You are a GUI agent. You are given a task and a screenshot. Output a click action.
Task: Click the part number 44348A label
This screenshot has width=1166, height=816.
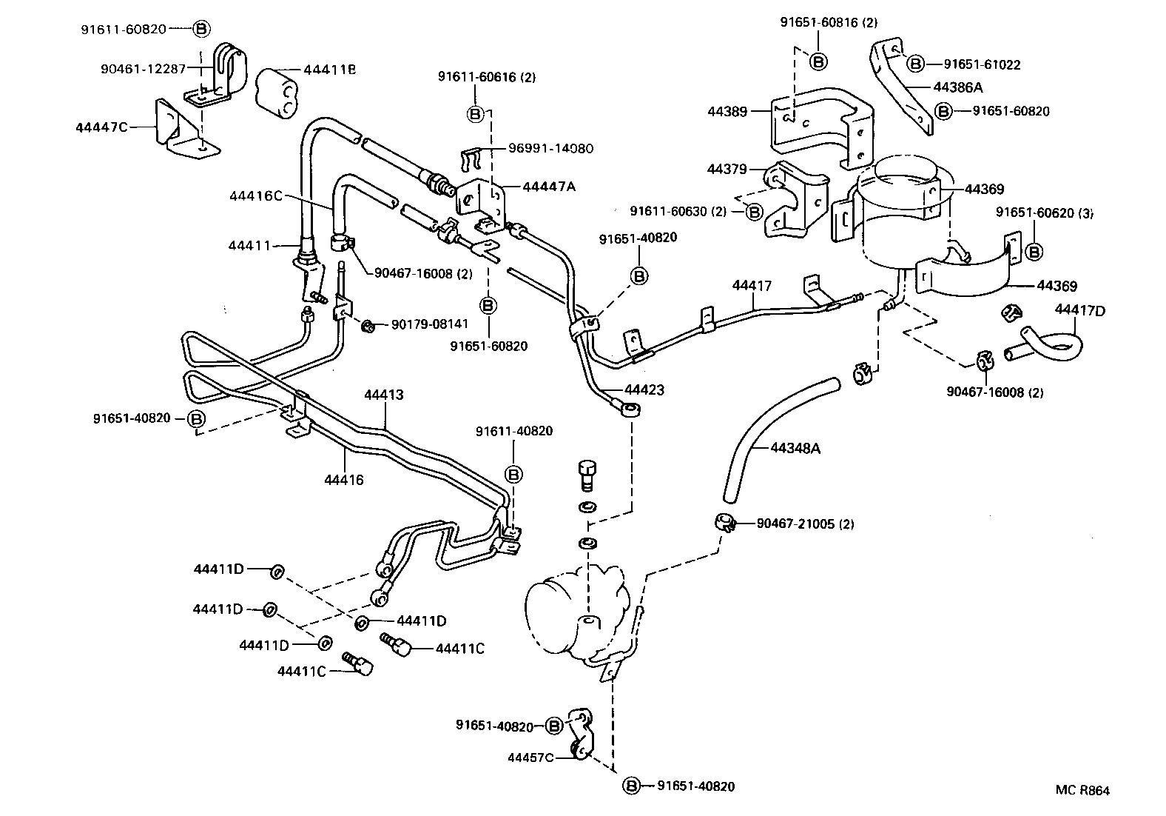pyautogui.click(x=795, y=448)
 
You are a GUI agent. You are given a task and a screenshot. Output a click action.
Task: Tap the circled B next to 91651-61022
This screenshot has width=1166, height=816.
pyautogui.click(x=915, y=64)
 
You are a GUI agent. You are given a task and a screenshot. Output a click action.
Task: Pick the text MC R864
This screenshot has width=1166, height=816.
pyautogui.click(x=1082, y=790)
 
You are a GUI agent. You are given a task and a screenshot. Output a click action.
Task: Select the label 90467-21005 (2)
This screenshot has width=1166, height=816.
pyautogui.click(x=805, y=524)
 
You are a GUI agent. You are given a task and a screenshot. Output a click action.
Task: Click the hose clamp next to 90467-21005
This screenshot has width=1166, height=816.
pyautogui.click(x=724, y=523)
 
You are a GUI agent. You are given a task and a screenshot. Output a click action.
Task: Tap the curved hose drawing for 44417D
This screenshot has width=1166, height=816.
pyautogui.click(x=1051, y=343)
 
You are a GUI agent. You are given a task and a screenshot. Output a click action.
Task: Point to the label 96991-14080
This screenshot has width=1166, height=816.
pyautogui.click(x=550, y=148)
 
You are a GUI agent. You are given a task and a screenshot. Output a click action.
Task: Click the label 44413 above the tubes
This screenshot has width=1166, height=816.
pyautogui.click(x=384, y=395)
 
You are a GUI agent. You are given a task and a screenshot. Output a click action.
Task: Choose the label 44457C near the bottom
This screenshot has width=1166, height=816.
pyautogui.click(x=530, y=758)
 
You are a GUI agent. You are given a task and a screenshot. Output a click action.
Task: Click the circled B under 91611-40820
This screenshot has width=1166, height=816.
pyautogui.click(x=514, y=474)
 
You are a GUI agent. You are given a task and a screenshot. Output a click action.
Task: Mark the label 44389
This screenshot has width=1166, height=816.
pyautogui.click(x=728, y=112)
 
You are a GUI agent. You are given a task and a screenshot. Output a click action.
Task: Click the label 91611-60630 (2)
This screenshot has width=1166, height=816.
pyautogui.click(x=678, y=212)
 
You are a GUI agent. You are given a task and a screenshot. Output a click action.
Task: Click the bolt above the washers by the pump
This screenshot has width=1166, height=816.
pyautogui.click(x=587, y=473)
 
